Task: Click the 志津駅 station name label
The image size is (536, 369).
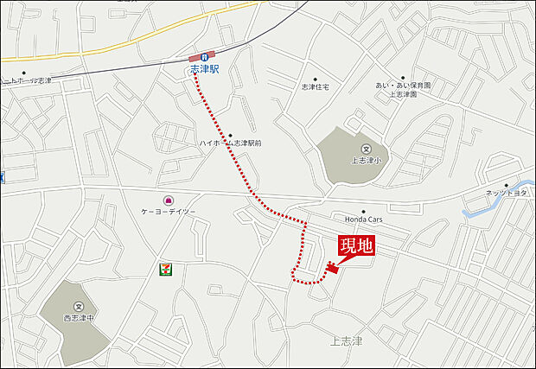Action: [204, 67]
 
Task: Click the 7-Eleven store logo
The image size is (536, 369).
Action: [163, 269]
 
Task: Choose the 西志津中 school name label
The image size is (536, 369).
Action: [78, 317]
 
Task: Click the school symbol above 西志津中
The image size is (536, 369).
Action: [78, 307]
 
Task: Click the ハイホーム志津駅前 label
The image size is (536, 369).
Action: [230, 143]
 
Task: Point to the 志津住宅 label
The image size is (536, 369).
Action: [316, 87]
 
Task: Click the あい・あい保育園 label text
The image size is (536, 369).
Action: [403, 86]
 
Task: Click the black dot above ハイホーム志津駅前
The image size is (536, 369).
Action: [230, 134]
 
